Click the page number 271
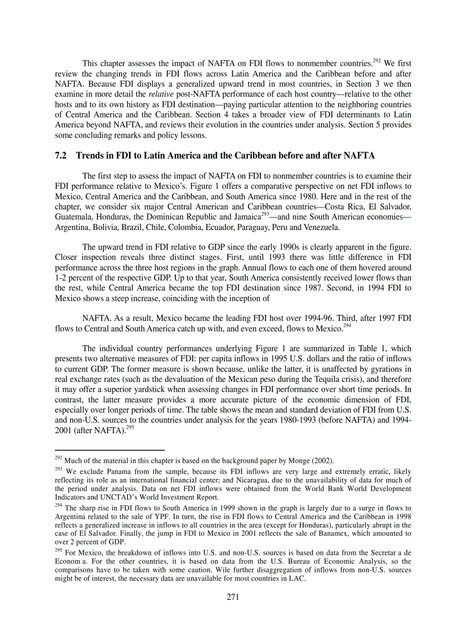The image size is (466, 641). click(232, 597)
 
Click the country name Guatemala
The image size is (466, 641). click(75, 216)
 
